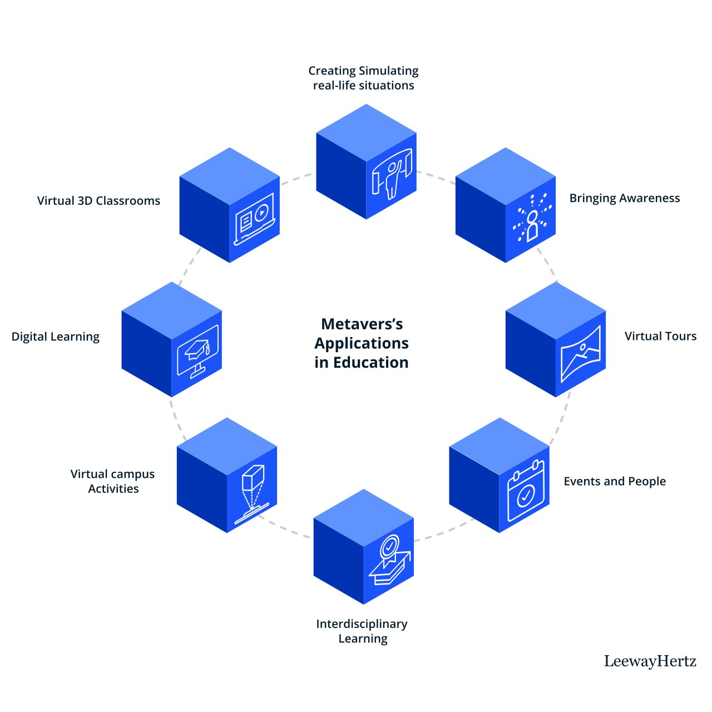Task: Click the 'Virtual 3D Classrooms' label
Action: (98, 201)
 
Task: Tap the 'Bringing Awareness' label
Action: (624, 199)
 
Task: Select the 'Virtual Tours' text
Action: (660, 336)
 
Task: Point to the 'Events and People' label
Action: (615, 481)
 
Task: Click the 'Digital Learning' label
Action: (56, 337)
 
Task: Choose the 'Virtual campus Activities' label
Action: (113, 481)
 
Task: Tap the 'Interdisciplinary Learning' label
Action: (362, 631)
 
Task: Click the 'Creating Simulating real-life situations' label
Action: (364, 78)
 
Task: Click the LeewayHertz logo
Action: (650, 661)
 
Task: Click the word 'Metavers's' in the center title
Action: (362, 324)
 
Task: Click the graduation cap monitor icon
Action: (199, 352)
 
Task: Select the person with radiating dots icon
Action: (532, 218)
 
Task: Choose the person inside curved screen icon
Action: (392, 172)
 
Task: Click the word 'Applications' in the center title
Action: (362, 343)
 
